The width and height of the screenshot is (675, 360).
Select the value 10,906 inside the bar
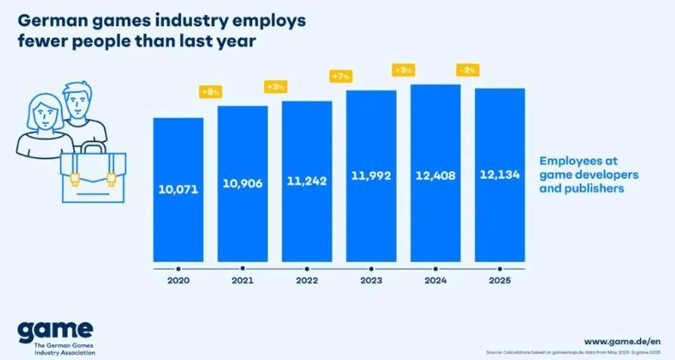point(242,183)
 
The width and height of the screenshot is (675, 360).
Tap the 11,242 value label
point(307,180)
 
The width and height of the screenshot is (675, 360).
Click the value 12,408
point(435,176)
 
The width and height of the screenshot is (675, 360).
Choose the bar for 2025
point(499,211)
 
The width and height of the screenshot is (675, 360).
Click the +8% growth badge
point(209,92)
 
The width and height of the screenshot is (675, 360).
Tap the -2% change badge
point(466,70)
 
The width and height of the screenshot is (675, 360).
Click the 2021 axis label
point(242,281)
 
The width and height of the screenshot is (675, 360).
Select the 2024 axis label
point(435,281)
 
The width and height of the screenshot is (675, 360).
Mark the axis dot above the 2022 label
point(307,268)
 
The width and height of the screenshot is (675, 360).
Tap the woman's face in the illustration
point(39,114)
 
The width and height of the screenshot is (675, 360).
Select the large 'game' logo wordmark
point(56,330)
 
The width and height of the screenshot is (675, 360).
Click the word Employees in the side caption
point(572,161)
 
